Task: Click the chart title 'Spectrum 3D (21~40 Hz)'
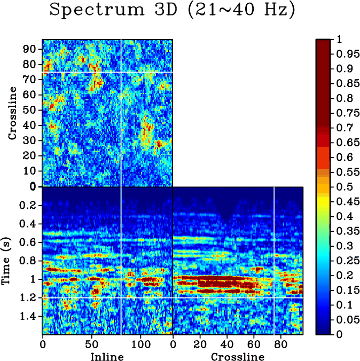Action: click(172, 11)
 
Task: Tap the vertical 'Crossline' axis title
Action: click(13, 113)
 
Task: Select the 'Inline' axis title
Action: click(107, 356)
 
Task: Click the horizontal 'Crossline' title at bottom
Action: click(238, 356)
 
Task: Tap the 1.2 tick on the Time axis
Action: click(27, 297)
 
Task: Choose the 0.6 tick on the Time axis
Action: click(27, 242)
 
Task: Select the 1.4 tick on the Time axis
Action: click(27, 316)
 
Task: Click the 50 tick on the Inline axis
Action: click(91, 344)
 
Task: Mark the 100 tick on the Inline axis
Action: click(140, 344)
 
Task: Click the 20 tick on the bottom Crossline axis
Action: click(200, 344)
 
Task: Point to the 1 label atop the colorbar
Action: click(339, 40)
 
